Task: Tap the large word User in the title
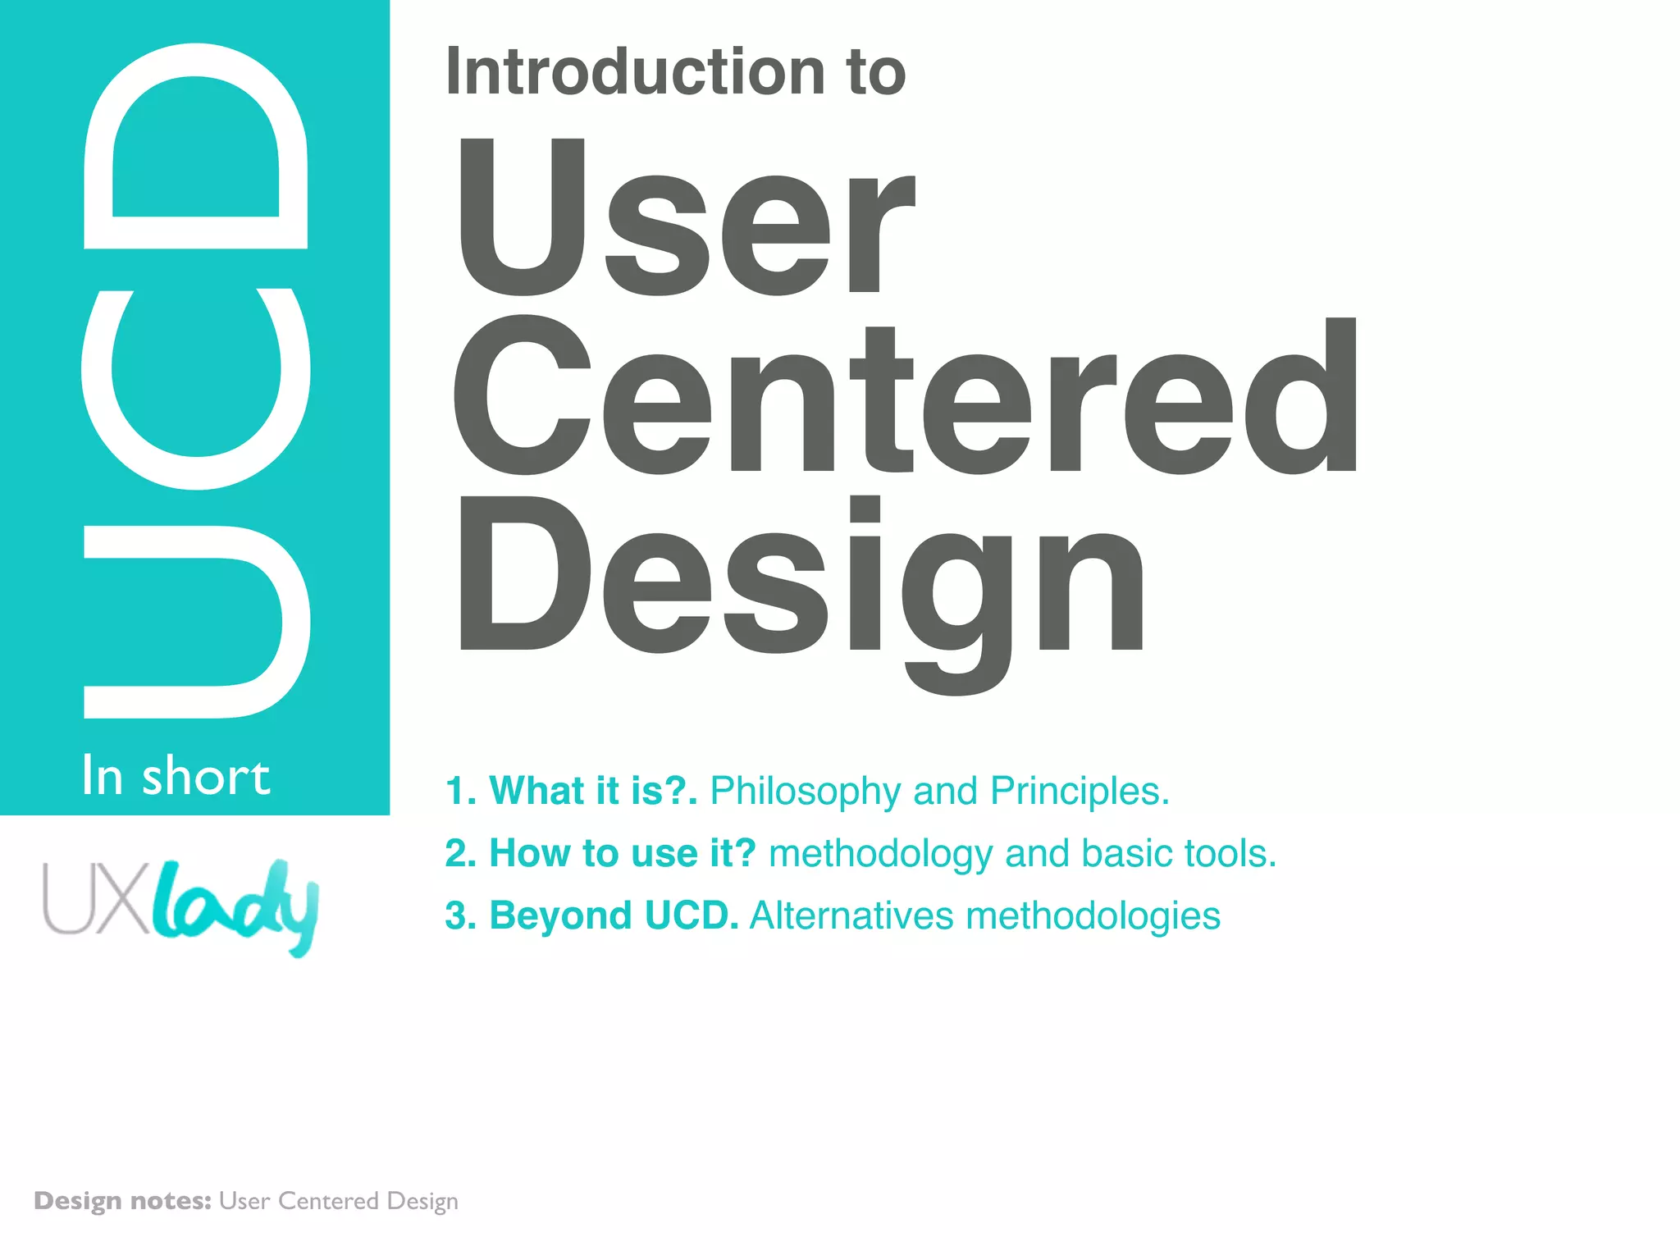[685, 217]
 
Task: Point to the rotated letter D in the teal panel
[195, 146]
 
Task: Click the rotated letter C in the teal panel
[195, 390]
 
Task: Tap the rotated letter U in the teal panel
[195, 622]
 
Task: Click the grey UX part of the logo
[96, 898]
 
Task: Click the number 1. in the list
[461, 792]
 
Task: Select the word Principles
[1079, 792]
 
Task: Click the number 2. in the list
[461, 854]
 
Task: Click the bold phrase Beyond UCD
[614, 915]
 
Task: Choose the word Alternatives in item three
[851, 915]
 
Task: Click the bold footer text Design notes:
[123, 1201]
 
